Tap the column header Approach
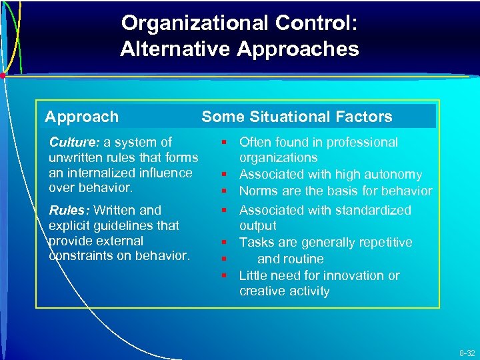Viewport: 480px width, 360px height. coord(81,117)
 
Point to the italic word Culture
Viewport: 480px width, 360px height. coord(73,142)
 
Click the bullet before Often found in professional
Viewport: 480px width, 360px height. coord(225,143)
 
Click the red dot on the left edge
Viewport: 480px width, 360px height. coord(3,76)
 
